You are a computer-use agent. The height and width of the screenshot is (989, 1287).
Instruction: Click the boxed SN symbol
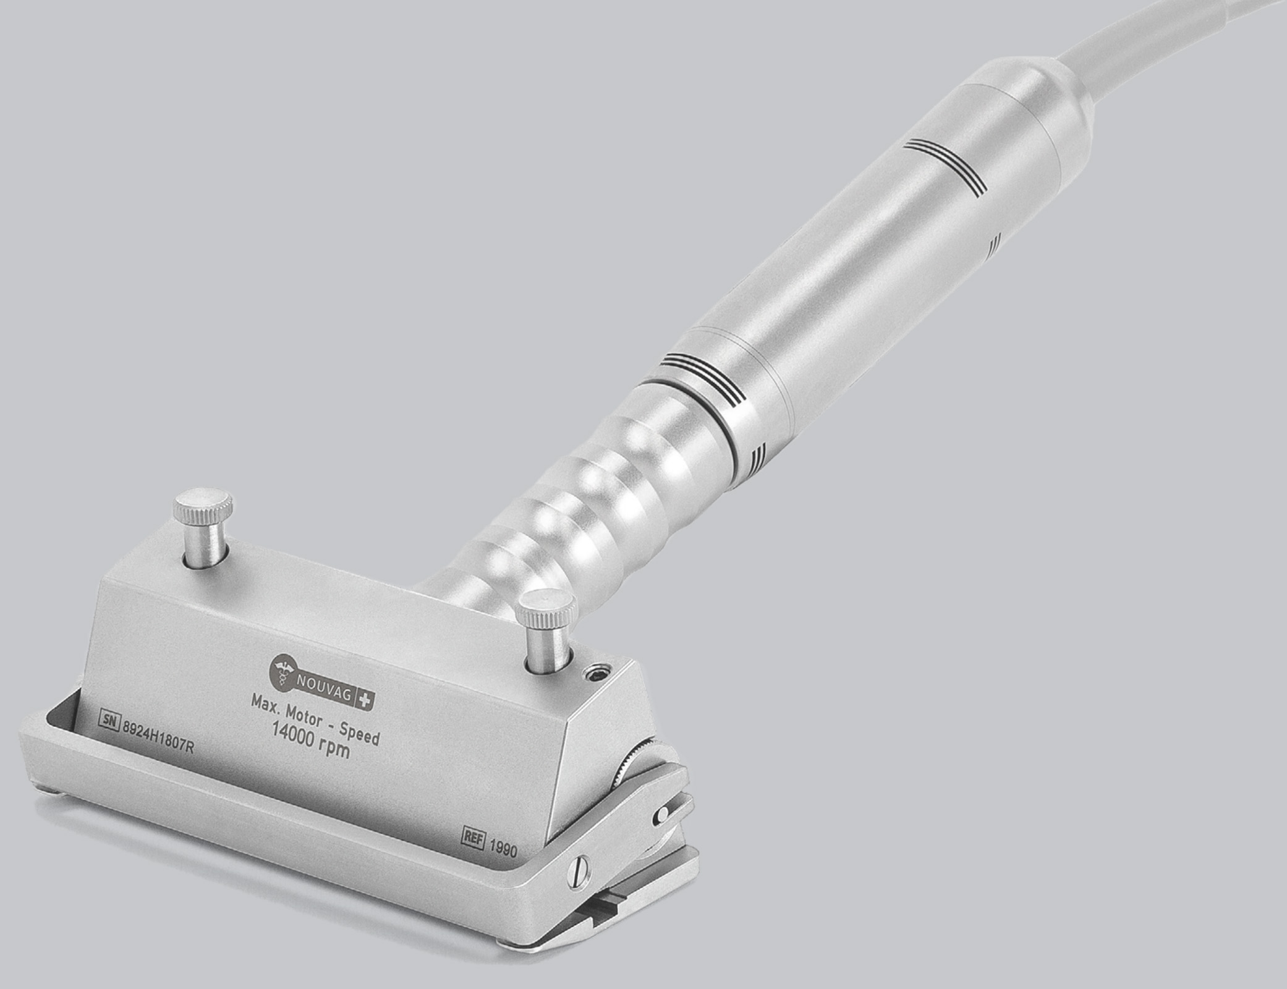coord(109,719)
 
